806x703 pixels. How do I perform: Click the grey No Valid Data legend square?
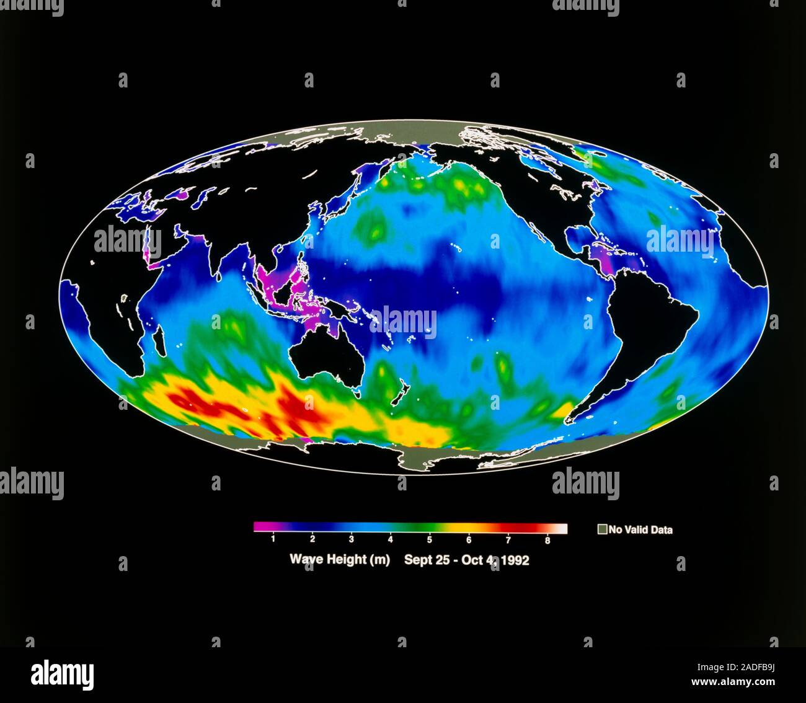[601, 529]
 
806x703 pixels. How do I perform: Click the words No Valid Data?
[640, 530]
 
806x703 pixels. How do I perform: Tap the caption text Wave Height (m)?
[340, 560]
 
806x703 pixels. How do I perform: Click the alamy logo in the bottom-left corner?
[62, 674]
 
